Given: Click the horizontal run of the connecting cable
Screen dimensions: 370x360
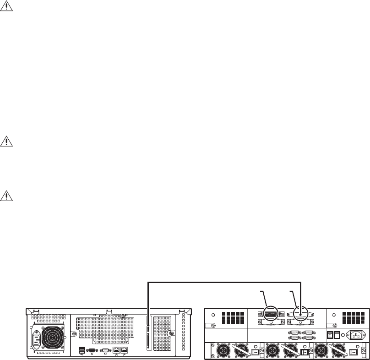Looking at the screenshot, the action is [224, 283].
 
